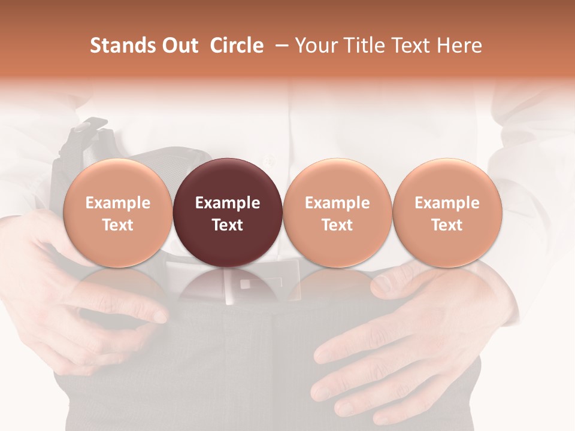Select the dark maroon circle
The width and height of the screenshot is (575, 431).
(228, 213)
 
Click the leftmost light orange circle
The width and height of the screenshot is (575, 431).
(118, 213)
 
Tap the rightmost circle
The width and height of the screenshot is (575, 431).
(447, 213)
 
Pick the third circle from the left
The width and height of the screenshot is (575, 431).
(337, 213)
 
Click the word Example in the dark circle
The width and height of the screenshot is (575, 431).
(228, 203)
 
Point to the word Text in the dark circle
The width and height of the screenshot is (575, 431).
(228, 225)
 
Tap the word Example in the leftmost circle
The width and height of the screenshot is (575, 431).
(118, 203)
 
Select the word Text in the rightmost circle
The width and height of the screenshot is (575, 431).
(447, 225)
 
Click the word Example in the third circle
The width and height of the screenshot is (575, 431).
(337, 203)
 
